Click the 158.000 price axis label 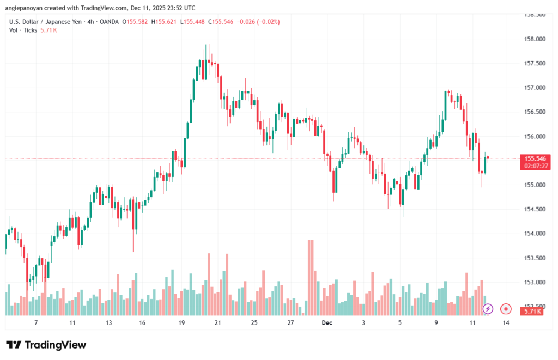(533, 39)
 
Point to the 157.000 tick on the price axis (533, 88)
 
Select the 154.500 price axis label (533, 209)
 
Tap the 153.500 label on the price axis (533, 258)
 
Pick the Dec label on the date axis (327, 323)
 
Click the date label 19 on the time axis (181, 323)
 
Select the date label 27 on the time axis (291, 323)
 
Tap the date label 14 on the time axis (506, 323)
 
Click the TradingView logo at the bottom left (46, 345)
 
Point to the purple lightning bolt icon (488, 309)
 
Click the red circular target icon (506, 309)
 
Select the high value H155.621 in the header (163, 21)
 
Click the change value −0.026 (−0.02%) (258, 21)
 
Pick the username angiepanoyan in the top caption (26, 7)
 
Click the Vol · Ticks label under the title (23, 30)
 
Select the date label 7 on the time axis (36, 323)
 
